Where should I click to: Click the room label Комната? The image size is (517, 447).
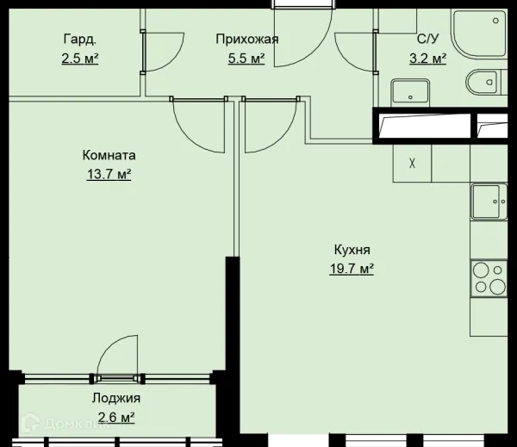pos(109,156)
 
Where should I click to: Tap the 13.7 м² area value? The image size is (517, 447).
pos(109,175)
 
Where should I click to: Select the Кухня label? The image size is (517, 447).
pos(352,250)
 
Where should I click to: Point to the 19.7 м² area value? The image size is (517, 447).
pos(352,269)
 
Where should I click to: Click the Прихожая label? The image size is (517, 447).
pos(246,39)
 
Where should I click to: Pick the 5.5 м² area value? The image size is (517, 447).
pos(246,58)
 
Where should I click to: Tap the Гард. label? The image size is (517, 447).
pos(79,39)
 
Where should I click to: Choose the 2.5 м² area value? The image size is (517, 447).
pos(79,58)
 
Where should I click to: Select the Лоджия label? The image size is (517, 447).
pos(115,398)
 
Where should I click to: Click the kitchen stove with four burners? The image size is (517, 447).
pos(489,278)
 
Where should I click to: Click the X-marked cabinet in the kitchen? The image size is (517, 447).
pos(412,163)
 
